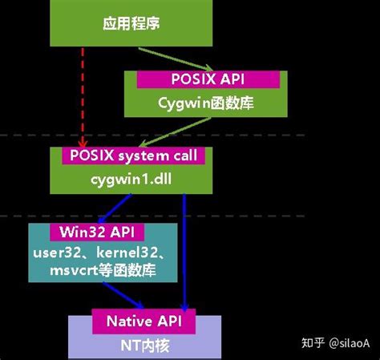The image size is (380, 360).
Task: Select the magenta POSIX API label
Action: (208, 79)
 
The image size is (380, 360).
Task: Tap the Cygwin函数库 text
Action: (205, 103)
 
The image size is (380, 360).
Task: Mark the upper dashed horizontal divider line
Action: (321, 136)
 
